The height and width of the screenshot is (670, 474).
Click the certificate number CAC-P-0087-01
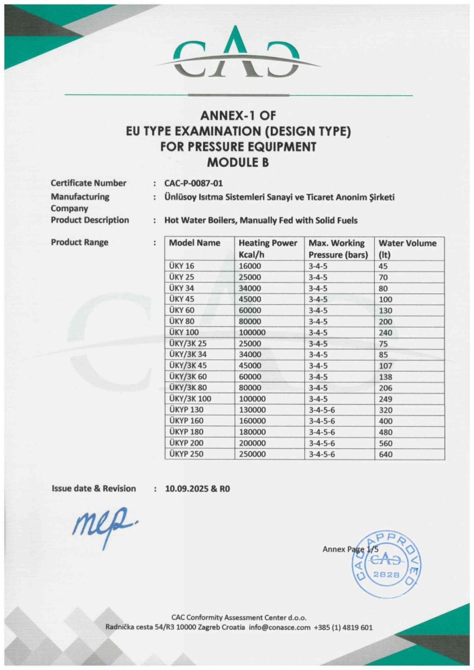[x=194, y=183]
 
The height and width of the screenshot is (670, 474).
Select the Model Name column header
[x=194, y=243]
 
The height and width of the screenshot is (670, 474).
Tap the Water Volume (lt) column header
[x=407, y=249]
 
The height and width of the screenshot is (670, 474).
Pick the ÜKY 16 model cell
[x=181, y=265]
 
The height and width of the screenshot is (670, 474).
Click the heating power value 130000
[x=253, y=410]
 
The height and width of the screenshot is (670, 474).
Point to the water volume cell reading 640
[x=387, y=454]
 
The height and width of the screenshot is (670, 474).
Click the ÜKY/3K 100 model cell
[x=190, y=399]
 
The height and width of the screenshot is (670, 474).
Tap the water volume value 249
[x=387, y=399]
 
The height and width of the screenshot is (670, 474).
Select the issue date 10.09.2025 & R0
[x=197, y=488]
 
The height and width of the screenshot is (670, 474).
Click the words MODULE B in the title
[x=237, y=162]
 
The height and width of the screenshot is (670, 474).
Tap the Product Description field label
[x=90, y=220]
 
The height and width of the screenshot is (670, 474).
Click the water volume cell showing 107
[x=387, y=365]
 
